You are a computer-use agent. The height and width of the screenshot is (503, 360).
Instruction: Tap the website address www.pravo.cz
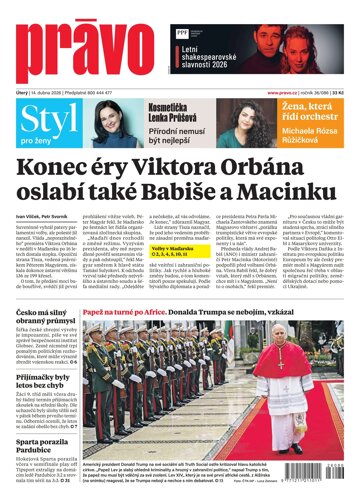285,93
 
